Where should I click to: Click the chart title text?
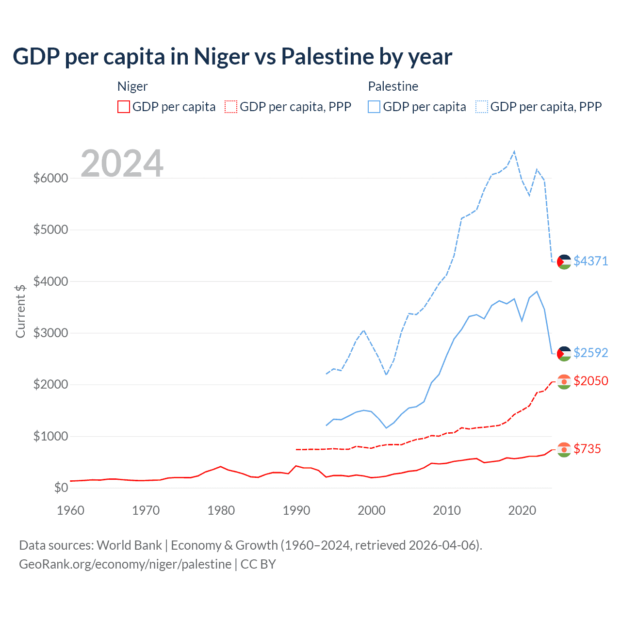pos(232,57)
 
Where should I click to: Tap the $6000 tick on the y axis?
pos(50,178)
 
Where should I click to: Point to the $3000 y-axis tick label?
pos(50,333)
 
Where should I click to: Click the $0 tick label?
pos(61,487)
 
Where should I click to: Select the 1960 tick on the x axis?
pos(71,510)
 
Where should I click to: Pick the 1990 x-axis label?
pos(296,510)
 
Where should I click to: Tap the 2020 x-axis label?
pos(522,510)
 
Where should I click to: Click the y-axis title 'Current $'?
pos(20,311)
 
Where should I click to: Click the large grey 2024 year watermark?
pos(122,163)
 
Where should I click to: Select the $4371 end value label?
pos(590,261)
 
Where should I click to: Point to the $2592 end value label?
pos(590,353)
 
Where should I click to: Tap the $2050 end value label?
pos(590,381)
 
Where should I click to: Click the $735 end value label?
pos(587,449)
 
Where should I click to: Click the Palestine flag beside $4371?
pos(564,261)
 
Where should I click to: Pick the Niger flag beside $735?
pos(564,449)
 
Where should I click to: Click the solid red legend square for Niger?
pos(124,107)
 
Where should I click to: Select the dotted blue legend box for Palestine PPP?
pos(482,107)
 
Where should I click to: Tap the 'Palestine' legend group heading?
pos(393,86)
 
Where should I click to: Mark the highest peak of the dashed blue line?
pos(514,151)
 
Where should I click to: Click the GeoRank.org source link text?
pos(125,564)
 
